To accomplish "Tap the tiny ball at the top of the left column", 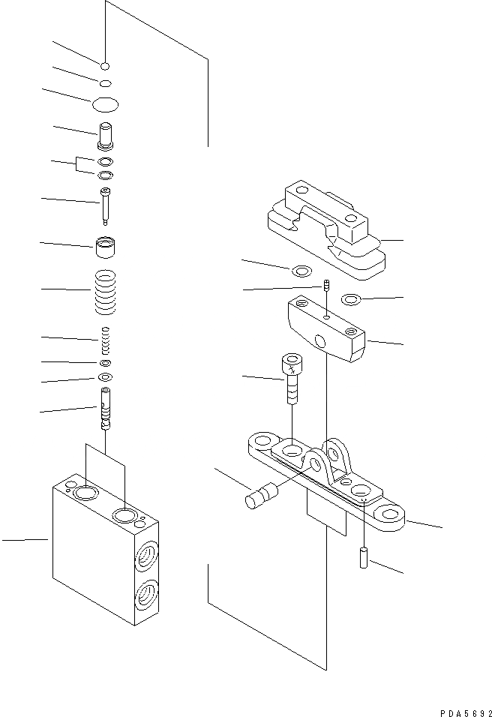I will pos(106,65).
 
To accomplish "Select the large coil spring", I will pos(106,292).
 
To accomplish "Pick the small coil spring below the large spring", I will pos(106,341).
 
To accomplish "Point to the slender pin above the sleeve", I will pos(106,204).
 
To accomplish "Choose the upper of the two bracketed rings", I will pos(106,162).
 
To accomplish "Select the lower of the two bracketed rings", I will pos(106,175).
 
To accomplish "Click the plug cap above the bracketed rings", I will pos(106,136).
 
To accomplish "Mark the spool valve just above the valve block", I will pos(106,409).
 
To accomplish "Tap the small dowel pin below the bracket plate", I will pos(364,557).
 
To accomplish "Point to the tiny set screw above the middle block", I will pos(327,286).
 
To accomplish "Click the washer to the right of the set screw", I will pos(350,300).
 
